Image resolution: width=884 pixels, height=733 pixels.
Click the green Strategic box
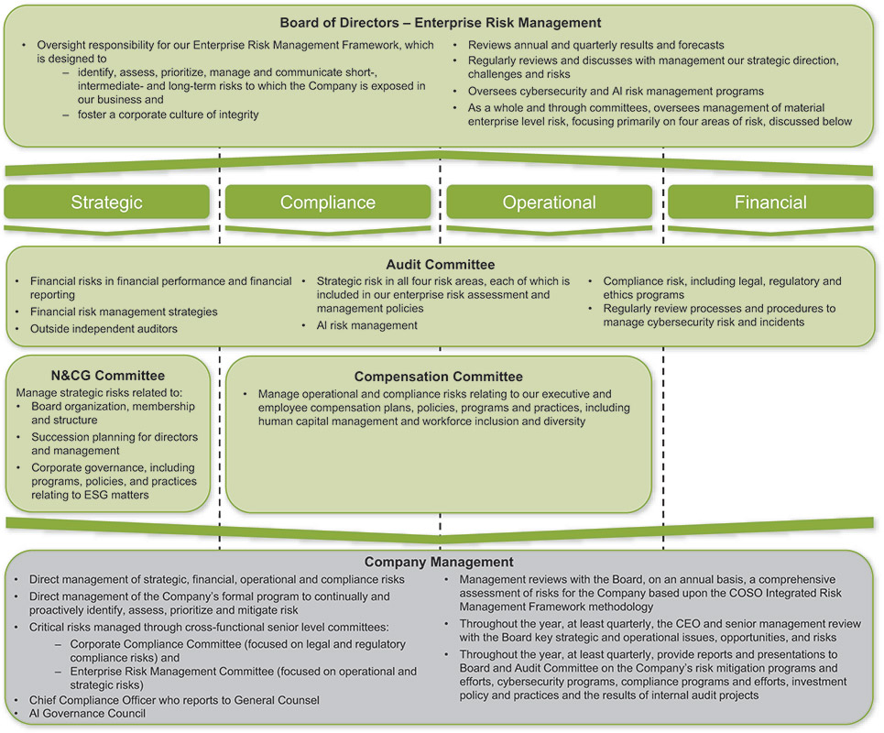click(x=107, y=202)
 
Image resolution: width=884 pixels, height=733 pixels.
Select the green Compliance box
click(x=328, y=202)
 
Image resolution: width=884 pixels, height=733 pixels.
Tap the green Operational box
click(x=549, y=202)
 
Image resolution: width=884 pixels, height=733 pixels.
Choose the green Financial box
click(x=770, y=202)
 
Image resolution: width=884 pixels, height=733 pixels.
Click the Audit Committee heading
click(x=440, y=265)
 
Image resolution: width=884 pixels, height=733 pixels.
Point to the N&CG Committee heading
click(x=108, y=376)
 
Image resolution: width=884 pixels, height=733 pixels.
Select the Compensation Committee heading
click(x=439, y=377)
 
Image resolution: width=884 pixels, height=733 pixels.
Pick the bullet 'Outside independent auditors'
click(x=104, y=328)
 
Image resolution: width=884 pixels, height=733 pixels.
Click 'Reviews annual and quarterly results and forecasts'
click(x=596, y=45)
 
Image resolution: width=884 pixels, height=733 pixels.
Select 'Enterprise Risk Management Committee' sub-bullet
click(x=243, y=672)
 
